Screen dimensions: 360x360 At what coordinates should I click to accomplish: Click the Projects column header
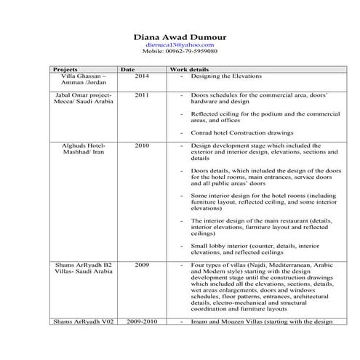66,69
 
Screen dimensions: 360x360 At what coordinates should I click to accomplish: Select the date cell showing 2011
142,95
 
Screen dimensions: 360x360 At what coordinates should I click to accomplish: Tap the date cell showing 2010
142,145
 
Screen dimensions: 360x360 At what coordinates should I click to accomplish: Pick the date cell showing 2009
142,265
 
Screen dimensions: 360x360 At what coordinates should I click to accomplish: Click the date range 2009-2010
142,321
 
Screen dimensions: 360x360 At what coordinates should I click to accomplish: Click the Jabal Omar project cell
84,99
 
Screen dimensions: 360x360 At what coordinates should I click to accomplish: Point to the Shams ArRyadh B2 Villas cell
84,269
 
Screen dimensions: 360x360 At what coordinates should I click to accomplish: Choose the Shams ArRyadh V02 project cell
82,321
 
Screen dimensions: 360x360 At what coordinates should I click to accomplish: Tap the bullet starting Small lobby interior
255,249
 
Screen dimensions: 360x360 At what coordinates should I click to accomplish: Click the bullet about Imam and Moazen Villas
260,321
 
